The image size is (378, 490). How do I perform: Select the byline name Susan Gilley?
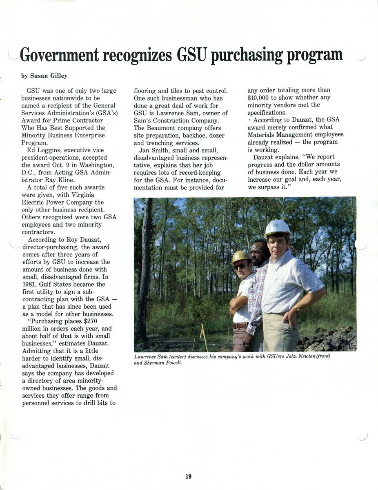[x=49, y=76]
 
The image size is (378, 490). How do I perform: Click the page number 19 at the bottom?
[x=188, y=476]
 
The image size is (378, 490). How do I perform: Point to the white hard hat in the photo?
[x=277, y=227]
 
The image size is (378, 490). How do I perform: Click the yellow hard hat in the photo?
[x=241, y=256]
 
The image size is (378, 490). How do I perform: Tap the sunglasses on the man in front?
[x=240, y=266]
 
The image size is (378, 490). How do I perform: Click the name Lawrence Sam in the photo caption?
[x=151, y=357]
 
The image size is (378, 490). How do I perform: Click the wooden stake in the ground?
[x=203, y=337]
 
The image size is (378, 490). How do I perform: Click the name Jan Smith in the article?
[x=153, y=150]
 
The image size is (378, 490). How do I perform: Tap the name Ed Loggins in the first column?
[x=42, y=150]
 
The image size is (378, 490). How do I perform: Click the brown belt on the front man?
[x=240, y=325]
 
